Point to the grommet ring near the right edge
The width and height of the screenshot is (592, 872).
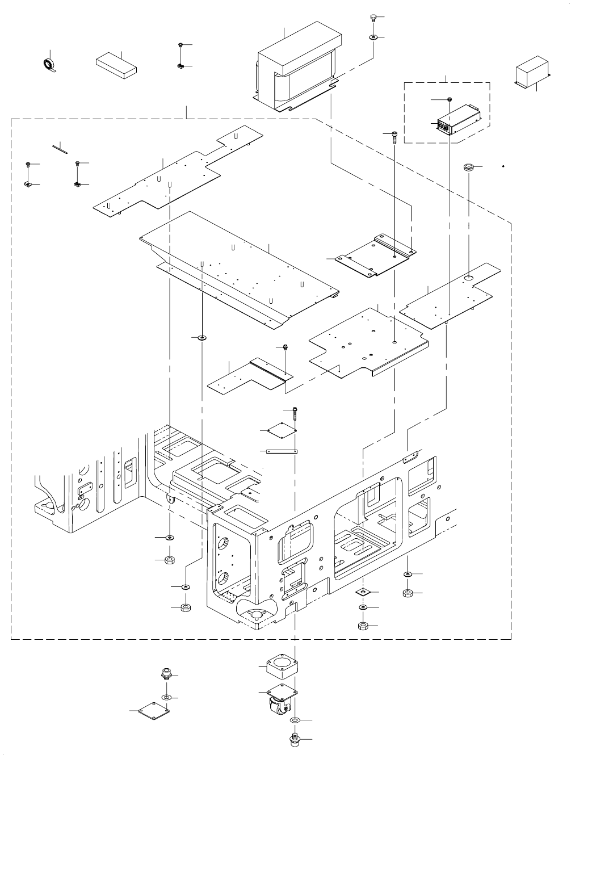click(x=469, y=167)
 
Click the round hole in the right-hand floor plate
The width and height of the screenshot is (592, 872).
click(x=469, y=277)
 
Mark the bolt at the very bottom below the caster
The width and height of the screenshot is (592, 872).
click(x=294, y=740)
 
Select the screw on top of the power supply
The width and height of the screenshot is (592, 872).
click(x=450, y=100)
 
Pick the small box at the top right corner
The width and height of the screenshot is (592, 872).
click(x=531, y=72)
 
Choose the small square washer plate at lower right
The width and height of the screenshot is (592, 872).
click(x=363, y=593)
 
